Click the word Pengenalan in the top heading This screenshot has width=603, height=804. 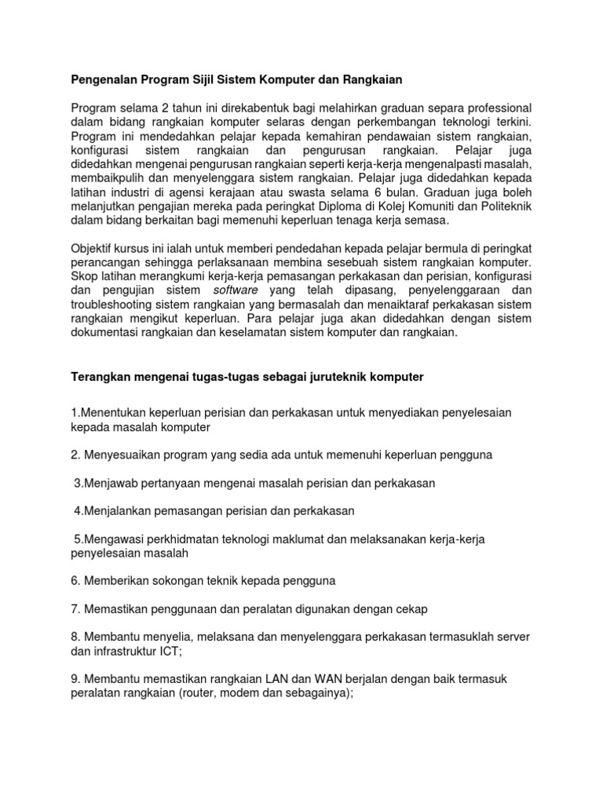[x=103, y=79]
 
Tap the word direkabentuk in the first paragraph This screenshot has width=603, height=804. [x=225, y=108]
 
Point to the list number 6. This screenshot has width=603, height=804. [x=75, y=581]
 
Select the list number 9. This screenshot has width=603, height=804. [x=75, y=679]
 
